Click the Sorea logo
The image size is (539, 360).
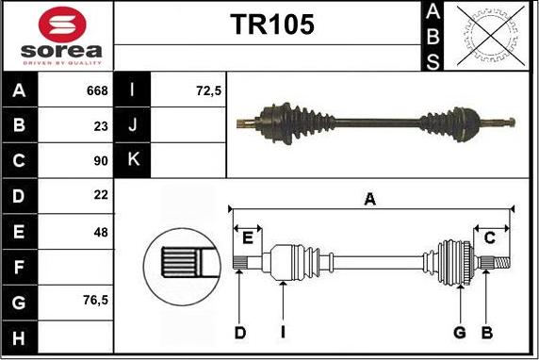[x=57, y=36]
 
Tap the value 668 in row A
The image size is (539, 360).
[x=97, y=91]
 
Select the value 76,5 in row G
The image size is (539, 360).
[x=95, y=302]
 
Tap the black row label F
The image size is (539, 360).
[x=20, y=267]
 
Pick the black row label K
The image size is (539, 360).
[x=131, y=159]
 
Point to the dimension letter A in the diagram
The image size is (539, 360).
[x=370, y=198]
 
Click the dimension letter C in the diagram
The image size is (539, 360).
[x=489, y=238]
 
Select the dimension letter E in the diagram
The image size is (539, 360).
[x=249, y=237]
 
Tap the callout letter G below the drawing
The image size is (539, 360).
[x=460, y=332]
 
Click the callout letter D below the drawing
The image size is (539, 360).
[x=240, y=332]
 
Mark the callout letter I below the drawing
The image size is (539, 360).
[x=283, y=332]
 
